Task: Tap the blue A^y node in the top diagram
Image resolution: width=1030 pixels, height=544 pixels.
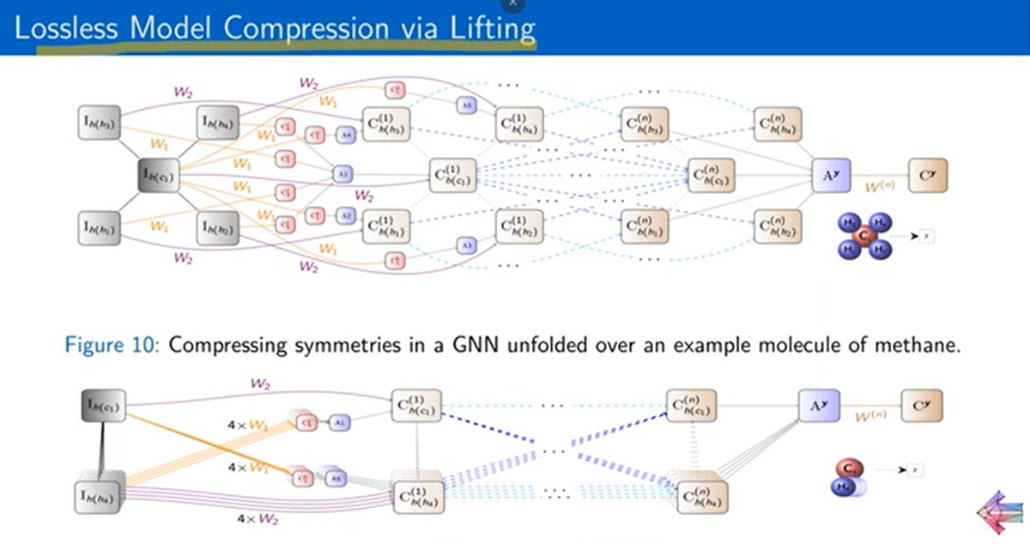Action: (x=829, y=177)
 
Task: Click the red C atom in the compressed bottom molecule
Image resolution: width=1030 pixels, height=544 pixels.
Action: (x=848, y=470)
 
